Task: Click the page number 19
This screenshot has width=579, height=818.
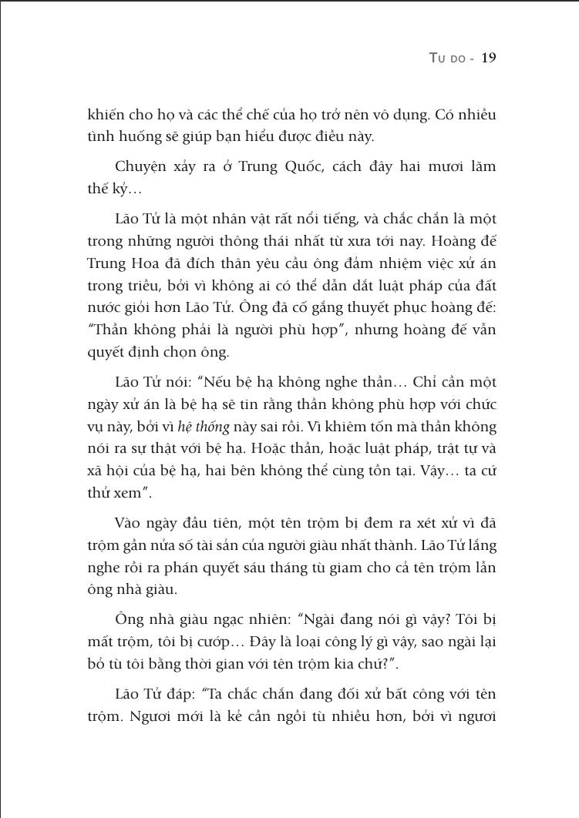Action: [488, 59]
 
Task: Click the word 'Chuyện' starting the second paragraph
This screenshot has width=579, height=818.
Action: [136, 166]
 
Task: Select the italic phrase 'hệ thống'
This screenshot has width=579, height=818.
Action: [204, 426]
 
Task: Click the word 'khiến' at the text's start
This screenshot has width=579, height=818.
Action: [104, 115]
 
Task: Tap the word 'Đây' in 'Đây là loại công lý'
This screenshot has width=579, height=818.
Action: [275, 642]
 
